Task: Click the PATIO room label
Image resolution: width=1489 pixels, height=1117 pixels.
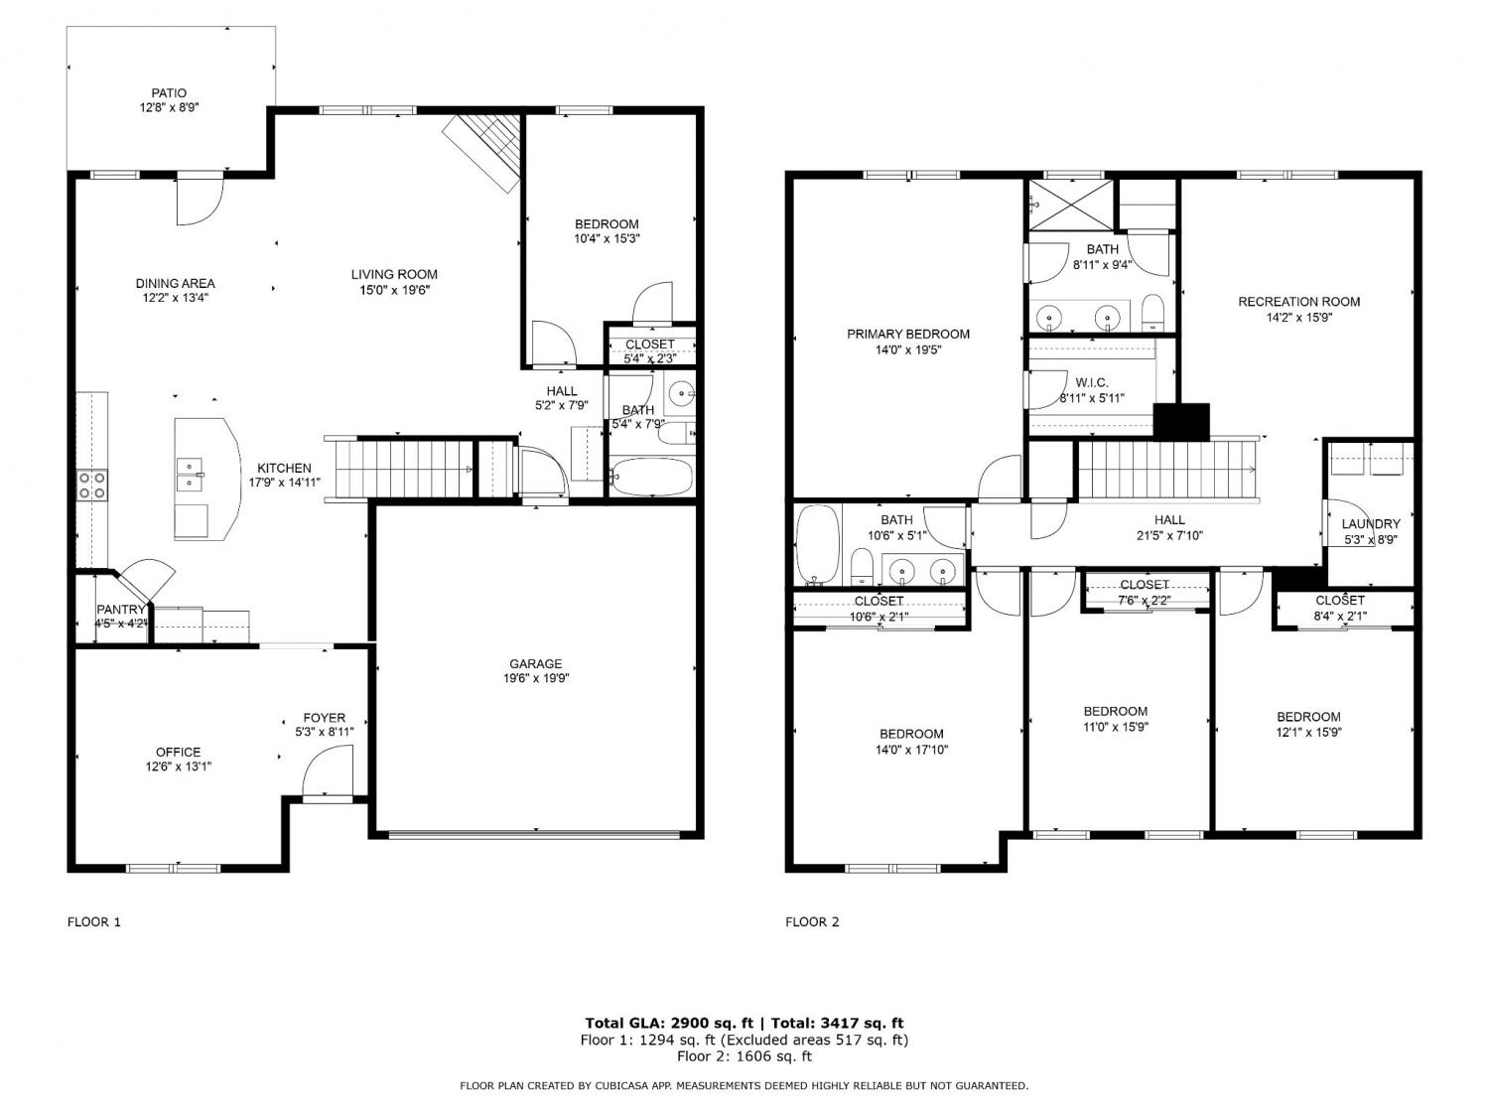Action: pyautogui.click(x=169, y=93)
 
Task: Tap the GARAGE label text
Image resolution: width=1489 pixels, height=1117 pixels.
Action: pyautogui.click(x=536, y=663)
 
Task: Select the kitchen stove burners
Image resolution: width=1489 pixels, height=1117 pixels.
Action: pyautogui.click(x=91, y=485)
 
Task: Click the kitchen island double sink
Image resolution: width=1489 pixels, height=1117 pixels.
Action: pyautogui.click(x=190, y=474)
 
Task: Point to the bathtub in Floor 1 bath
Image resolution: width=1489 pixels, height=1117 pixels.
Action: pyautogui.click(x=651, y=477)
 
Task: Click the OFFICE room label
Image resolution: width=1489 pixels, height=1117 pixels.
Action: pyautogui.click(x=179, y=752)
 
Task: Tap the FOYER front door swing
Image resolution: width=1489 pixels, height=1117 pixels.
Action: pyautogui.click(x=329, y=770)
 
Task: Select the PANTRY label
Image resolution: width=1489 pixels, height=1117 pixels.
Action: pyautogui.click(x=121, y=609)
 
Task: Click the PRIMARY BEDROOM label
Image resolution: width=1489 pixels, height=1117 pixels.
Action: pyautogui.click(x=908, y=334)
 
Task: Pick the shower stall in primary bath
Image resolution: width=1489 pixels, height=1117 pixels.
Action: pyautogui.click(x=1071, y=205)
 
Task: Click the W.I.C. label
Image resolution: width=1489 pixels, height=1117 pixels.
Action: pyautogui.click(x=1092, y=382)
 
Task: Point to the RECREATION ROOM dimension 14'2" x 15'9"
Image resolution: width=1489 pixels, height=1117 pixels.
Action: pyautogui.click(x=1299, y=317)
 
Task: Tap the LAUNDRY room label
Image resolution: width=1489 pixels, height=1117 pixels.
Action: pyautogui.click(x=1371, y=523)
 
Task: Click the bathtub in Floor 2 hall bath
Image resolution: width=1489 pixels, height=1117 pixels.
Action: pyautogui.click(x=817, y=544)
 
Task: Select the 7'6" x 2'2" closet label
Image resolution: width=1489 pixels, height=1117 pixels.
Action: pyautogui.click(x=1145, y=600)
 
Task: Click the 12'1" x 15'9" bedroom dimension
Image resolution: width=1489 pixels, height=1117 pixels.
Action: pyautogui.click(x=1308, y=732)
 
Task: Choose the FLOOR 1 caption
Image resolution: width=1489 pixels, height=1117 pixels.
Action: pyautogui.click(x=93, y=921)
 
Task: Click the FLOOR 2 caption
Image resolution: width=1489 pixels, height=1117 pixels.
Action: pyautogui.click(x=812, y=921)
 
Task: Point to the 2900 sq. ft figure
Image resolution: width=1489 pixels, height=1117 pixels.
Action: pyautogui.click(x=713, y=1023)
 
